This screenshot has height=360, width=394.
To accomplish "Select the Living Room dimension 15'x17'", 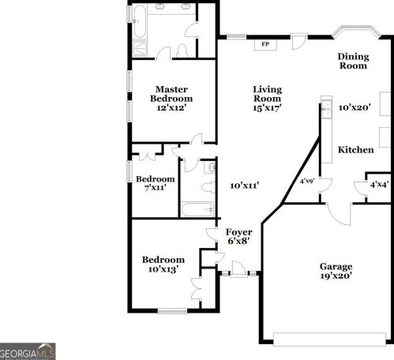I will point(268,107).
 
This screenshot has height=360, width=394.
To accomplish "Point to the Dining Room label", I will point(353,61).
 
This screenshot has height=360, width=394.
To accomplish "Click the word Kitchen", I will point(355,149).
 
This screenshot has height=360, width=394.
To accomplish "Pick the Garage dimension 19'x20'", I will point(336,276).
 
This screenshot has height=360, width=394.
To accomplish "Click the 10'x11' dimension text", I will point(245,186).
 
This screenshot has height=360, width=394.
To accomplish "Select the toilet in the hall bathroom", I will point(207,189).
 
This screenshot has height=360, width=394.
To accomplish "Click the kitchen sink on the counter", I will point(325,111).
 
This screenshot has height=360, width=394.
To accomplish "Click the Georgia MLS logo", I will point(28,351).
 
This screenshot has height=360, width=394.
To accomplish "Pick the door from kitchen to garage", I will point(339,212).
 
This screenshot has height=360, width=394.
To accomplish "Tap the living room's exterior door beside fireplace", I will point(299,42).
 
